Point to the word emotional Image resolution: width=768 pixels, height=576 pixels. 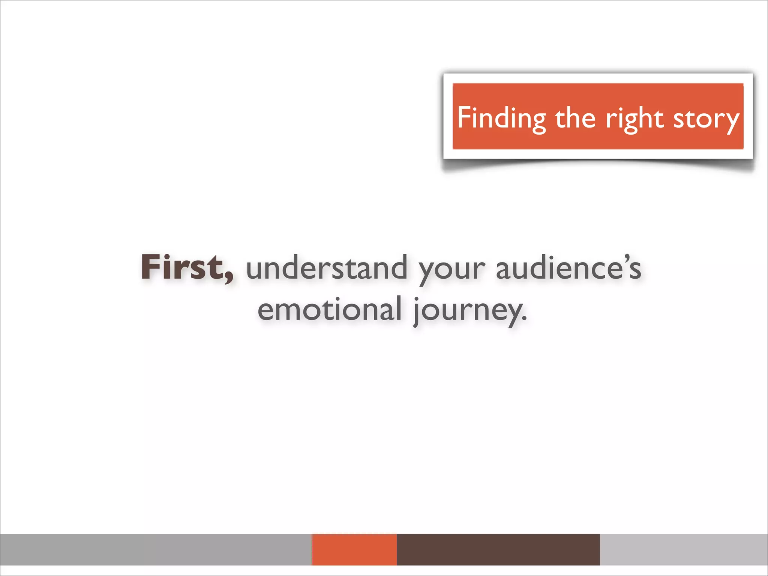(x=330, y=310)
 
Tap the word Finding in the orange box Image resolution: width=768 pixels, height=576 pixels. (x=501, y=118)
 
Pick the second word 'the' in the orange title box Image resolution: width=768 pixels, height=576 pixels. (x=575, y=118)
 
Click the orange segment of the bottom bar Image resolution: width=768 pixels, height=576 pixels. (x=354, y=549)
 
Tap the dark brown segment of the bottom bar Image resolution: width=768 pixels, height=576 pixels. (x=498, y=549)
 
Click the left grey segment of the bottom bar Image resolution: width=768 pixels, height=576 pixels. (x=156, y=549)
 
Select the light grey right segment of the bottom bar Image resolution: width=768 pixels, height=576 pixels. (x=684, y=549)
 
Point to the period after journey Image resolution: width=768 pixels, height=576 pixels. (x=524, y=319)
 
